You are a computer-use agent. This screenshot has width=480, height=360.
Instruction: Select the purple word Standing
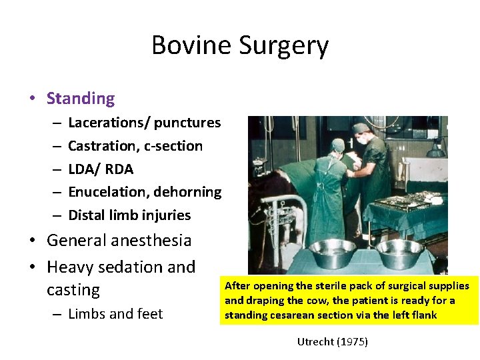(x=80, y=99)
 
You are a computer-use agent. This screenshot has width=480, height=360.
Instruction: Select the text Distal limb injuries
(x=129, y=215)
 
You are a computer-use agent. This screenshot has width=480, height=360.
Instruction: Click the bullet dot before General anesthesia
(x=33, y=241)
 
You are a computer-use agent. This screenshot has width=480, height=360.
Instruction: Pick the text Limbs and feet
(x=115, y=314)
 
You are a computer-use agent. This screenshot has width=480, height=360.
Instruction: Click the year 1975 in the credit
(x=353, y=342)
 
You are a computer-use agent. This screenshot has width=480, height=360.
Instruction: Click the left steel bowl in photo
(x=332, y=253)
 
